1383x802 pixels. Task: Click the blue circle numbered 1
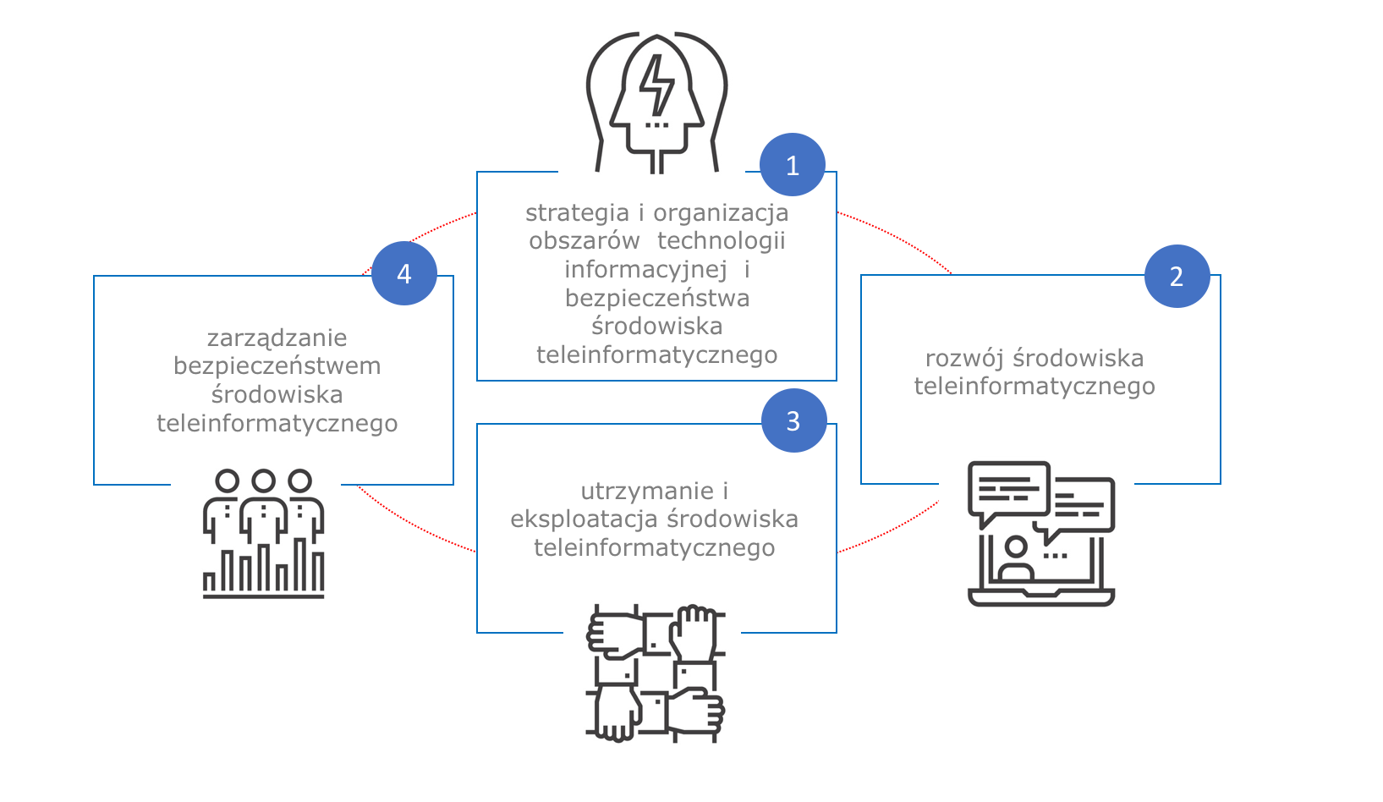click(792, 165)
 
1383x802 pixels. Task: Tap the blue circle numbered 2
click(1177, 276)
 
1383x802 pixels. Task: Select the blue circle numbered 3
click(793, 420)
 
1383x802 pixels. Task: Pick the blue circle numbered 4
click(404, 273)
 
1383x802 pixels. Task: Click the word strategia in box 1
click(577, 213)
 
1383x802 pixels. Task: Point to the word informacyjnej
click(645, 270)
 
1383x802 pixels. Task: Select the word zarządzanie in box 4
click(277, 338)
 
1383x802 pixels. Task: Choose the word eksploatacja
click(584, 519)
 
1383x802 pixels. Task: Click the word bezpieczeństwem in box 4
click(277, 366)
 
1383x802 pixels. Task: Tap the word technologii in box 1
click(721, 241)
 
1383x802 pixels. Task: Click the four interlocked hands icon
click(656, 673)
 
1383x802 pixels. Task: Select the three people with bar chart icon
click(263, 534)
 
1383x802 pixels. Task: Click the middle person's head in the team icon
click(263, 481)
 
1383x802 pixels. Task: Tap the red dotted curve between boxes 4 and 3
click(414, 523)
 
